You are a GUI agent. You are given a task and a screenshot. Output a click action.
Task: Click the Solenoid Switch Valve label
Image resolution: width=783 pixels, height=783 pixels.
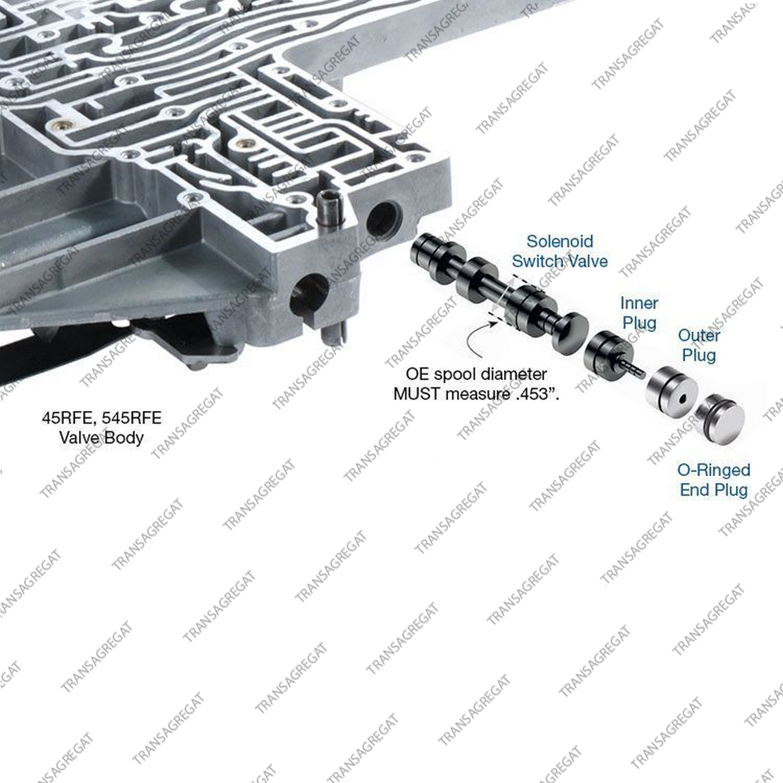560,251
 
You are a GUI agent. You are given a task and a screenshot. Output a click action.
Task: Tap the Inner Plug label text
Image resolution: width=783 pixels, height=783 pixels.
639,313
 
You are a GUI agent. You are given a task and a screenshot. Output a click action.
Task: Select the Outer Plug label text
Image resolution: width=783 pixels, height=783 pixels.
698,345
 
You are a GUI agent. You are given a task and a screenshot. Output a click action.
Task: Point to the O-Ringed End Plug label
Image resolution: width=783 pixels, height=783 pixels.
713,480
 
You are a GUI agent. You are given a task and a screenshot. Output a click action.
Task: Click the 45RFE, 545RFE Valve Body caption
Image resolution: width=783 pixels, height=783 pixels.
101,428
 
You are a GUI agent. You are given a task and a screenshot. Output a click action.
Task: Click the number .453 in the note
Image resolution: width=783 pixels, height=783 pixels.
532,394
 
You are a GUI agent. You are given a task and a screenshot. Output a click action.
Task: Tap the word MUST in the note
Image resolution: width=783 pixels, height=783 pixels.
417,394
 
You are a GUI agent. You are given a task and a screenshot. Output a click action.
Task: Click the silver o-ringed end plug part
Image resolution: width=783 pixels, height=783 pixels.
720,418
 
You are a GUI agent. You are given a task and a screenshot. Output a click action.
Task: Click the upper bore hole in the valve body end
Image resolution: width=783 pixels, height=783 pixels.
384,220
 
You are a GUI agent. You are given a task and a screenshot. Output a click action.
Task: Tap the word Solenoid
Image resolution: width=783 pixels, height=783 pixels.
560,242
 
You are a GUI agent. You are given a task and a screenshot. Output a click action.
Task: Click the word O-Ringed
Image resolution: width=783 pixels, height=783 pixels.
713,471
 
